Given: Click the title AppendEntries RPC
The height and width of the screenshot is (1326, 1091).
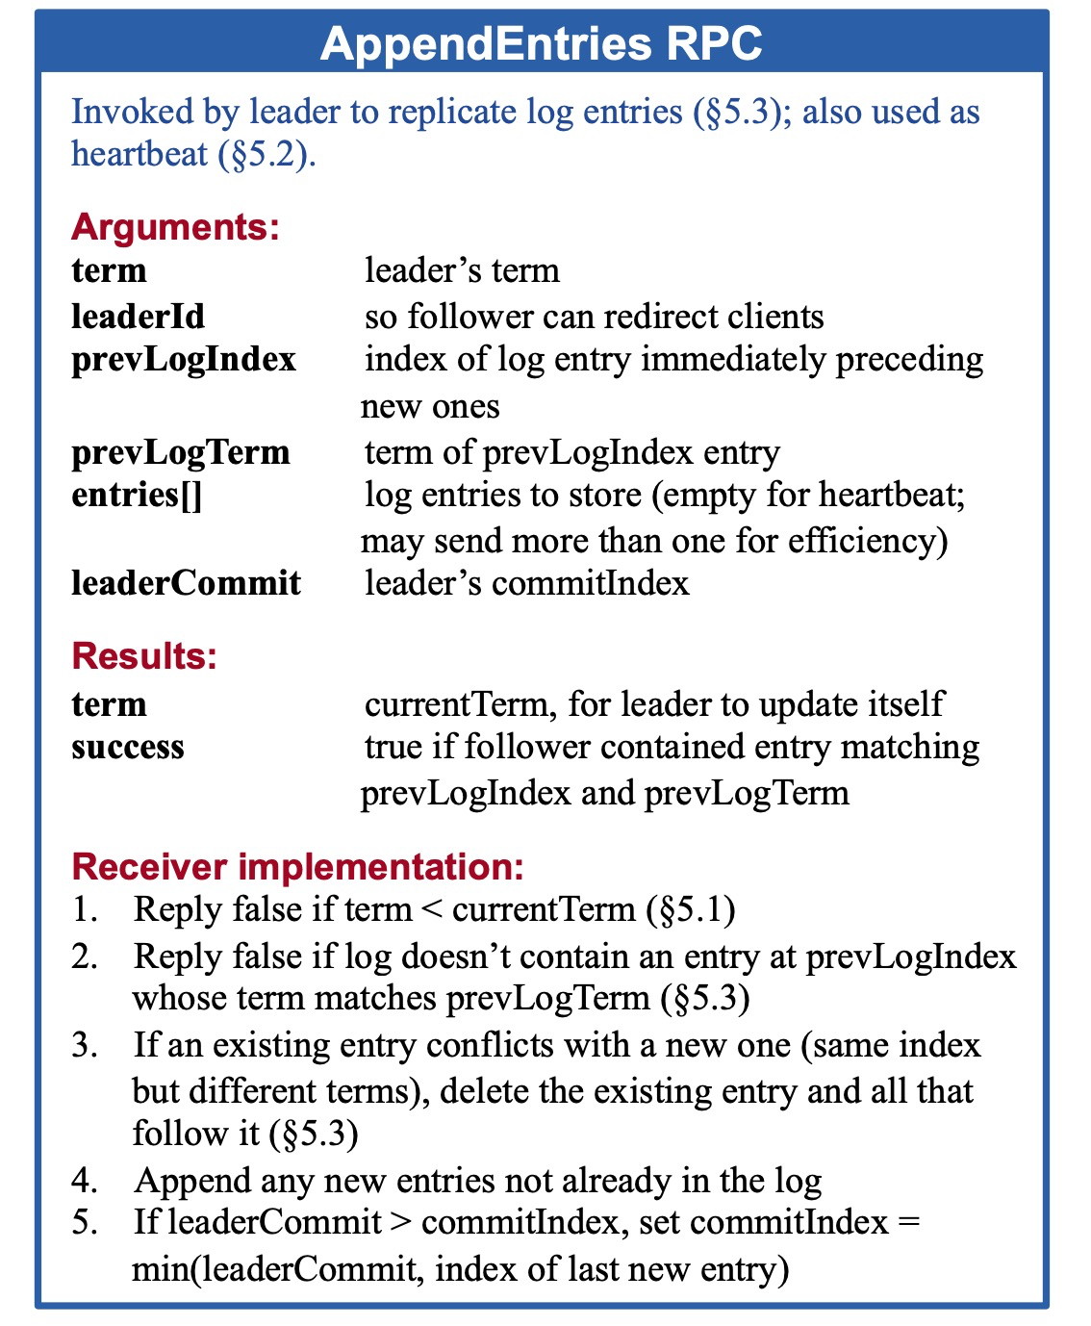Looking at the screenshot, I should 542,44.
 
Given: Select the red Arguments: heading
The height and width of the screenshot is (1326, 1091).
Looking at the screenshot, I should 175,227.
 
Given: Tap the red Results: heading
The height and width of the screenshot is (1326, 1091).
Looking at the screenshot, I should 144,656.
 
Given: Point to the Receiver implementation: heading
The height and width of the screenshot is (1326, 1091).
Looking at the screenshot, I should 298,867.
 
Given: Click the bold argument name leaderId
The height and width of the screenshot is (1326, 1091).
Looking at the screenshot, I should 138,317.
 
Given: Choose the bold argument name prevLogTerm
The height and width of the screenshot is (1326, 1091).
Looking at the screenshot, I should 180,452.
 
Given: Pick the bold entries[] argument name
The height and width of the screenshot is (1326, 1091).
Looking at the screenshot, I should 137,496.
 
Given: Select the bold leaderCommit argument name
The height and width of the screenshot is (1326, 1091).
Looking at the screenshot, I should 186,583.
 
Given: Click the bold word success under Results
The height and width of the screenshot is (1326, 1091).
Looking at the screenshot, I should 128,748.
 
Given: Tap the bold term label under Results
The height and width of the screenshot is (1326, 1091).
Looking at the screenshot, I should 109,704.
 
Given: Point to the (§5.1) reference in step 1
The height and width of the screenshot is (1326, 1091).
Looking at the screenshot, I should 691,909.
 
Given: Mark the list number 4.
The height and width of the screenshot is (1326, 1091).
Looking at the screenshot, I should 84,1181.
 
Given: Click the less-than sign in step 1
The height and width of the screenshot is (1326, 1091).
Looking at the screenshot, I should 431,910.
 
